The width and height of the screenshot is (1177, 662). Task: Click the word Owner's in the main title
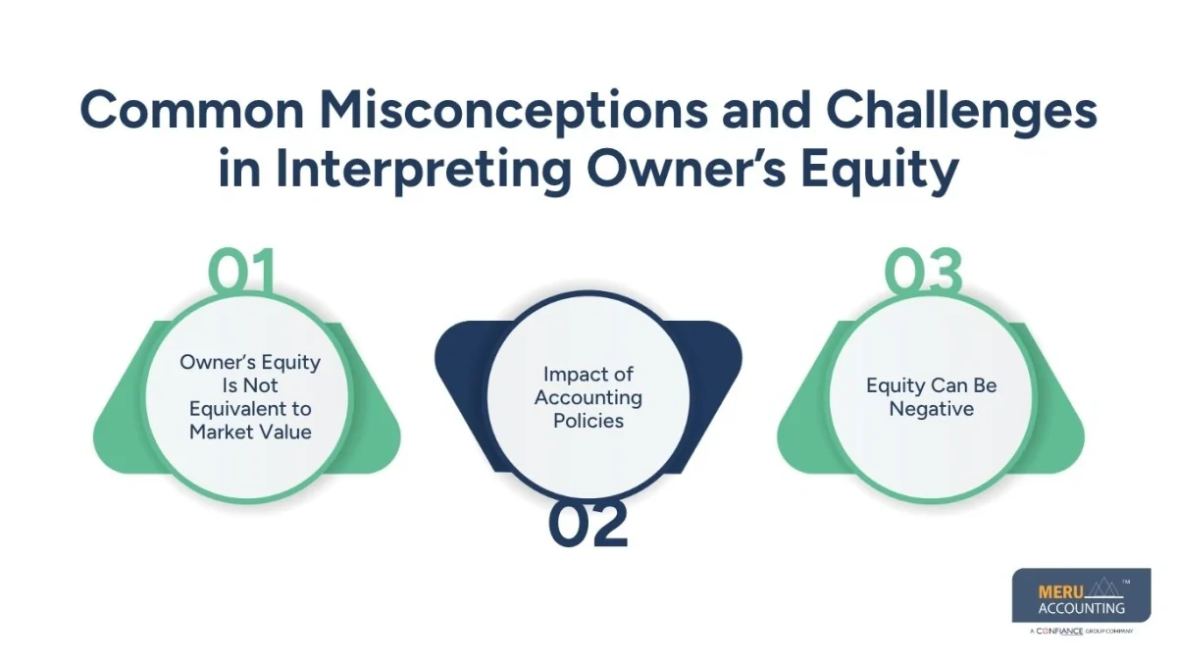(695, 169)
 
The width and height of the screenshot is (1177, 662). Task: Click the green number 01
(241, 273)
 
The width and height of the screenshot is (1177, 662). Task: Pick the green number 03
(923, 273)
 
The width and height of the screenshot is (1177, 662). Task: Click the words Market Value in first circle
(250, 431)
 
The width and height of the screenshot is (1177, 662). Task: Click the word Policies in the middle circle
(588, 420)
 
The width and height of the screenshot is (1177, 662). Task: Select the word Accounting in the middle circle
(588, 397)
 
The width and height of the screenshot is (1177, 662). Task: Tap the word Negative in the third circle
(931, 408)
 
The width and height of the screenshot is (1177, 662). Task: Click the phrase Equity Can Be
(931, 385)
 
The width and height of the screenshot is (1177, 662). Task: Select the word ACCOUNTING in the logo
(1081, 608)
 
